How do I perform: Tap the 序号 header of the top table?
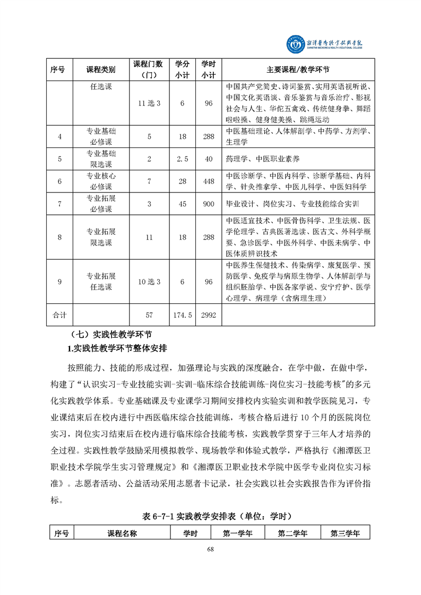(x=58, y=69)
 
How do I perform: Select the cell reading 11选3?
(x=149, y=103)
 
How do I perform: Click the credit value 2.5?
(x=182, y=159)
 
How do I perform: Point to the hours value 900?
(x=209, y=204)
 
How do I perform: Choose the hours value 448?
(x=209, y=181)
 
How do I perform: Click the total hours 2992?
(x=209, y=315)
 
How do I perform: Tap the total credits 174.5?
(x=182, y=315)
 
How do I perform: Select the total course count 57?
(x=149, y=315)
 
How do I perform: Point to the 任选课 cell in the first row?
(x=101, y=86)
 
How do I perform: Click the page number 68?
(x=210, y=549)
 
